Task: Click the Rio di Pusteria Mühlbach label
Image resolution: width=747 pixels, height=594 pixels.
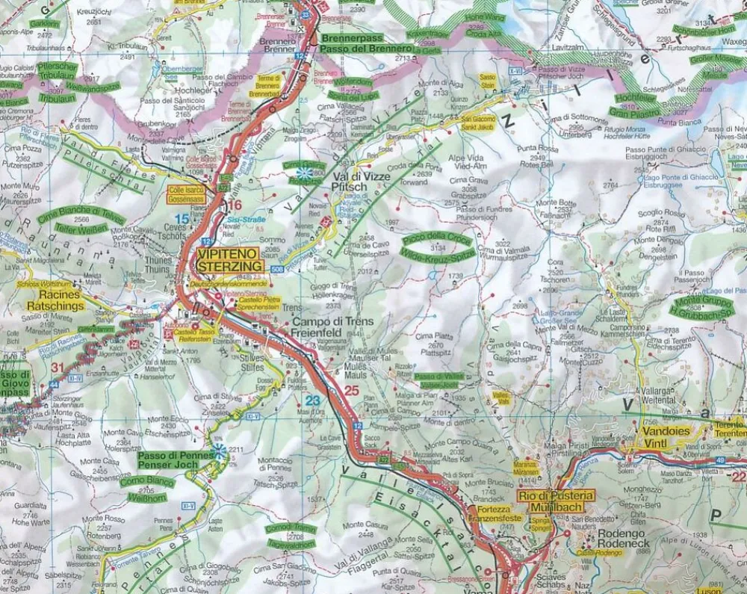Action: [556, 500]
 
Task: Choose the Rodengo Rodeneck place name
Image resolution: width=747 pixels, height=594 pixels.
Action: [626, 539]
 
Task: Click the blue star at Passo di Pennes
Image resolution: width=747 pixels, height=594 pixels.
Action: [219, 451]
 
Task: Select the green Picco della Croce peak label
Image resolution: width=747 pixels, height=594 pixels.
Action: [437, 249]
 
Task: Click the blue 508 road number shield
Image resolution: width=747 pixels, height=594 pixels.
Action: [278, 269]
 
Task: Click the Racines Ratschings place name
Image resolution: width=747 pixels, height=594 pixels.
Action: [52, 300]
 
